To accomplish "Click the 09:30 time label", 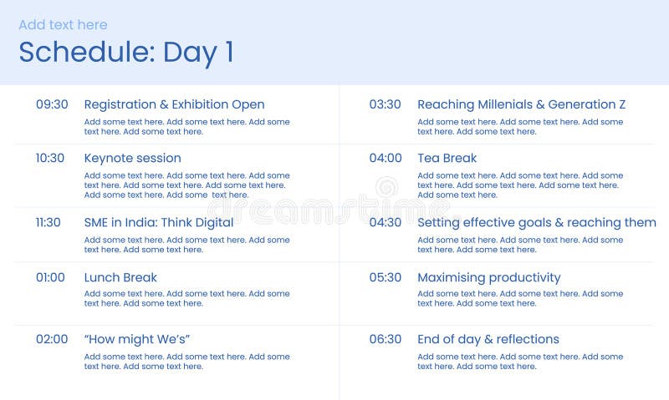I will (52, 104).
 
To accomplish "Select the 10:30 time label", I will (50, 158).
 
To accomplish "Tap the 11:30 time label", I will (49, 222).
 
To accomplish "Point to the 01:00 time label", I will (50, 277).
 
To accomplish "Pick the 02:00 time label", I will (52, 339).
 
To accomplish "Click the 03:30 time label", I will (386, 104).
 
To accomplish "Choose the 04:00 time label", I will (386, 158).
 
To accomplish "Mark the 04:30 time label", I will (386, 222).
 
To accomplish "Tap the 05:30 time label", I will (386, 277).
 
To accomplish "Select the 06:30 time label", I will (386, 339).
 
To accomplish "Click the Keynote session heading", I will (132, 158).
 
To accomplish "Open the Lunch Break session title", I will (120, 277).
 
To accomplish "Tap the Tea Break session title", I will (447, 158).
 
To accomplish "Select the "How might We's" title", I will (137, 339).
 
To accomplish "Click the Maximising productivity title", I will (488, 277).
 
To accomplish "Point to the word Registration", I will (120, 104).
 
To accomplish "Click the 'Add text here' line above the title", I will (63, 25).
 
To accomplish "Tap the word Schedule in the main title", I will (82, 52).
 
